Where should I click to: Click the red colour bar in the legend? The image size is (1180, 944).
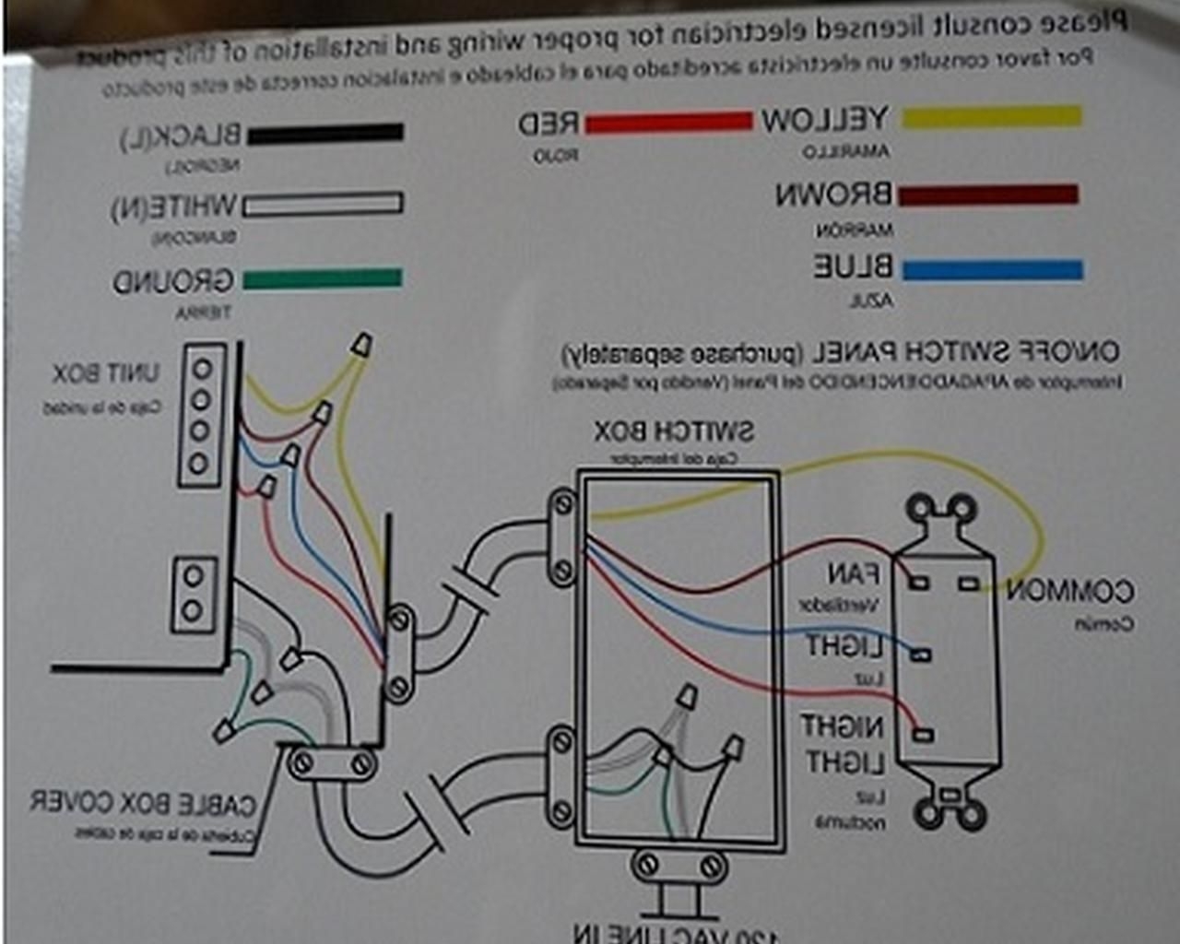667,122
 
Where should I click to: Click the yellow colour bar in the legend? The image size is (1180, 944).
991,116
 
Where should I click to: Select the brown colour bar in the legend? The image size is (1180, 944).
987,195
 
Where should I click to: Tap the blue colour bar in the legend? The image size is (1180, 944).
992,270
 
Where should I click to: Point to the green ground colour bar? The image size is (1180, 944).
322,278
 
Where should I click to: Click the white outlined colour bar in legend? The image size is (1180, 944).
323,204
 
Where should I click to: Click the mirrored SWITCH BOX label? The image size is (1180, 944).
674,431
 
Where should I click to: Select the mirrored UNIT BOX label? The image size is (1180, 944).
105,373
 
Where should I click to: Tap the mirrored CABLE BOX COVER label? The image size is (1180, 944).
143,803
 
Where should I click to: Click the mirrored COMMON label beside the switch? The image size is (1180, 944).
1069,591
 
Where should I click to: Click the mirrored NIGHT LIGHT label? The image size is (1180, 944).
843,745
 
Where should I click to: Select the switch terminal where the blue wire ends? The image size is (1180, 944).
921,655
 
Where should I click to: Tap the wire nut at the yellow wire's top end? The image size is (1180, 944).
362,347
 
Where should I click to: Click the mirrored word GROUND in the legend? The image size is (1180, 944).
172,281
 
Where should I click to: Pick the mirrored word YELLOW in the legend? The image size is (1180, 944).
824,120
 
